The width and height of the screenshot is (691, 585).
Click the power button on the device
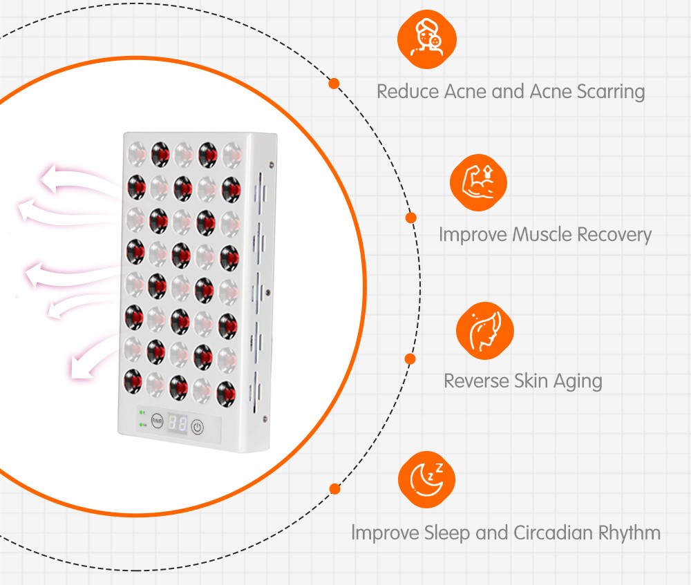click(x=198, y=427)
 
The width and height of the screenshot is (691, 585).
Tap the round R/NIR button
click(x=158, y=421)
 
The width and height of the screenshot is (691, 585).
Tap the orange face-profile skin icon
click(x=485, y=330)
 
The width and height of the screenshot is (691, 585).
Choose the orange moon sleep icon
click(x=427, y=479)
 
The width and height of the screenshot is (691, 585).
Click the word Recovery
click(x=616, y=235)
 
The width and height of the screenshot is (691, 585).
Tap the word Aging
click(x=576, y=381)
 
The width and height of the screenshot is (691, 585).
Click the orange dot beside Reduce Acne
click(x=334, y=84)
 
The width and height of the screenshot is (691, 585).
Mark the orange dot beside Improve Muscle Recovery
click(x=411, y=218)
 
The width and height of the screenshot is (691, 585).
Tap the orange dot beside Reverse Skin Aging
click(x=410, y=359)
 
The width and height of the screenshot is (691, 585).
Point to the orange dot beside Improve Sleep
click(x=335, y=489)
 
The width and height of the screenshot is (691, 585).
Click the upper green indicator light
click(x=141, y=412)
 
